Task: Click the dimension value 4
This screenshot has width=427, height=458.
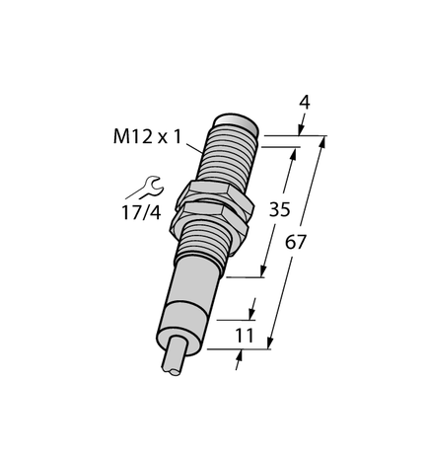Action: click(305, 103)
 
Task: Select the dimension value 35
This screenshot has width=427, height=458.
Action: click(280, 209)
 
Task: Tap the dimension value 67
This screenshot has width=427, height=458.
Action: click(296, 242)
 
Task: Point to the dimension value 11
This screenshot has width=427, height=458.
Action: click(245, 336)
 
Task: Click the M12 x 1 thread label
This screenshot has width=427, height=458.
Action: click(147, 136)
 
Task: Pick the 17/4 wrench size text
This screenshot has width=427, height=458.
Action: click(141, 212)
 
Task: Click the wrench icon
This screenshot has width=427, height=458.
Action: click(145, 188)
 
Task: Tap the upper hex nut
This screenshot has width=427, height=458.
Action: click(215, 194)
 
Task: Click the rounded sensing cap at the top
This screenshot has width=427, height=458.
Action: click(236, 123)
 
